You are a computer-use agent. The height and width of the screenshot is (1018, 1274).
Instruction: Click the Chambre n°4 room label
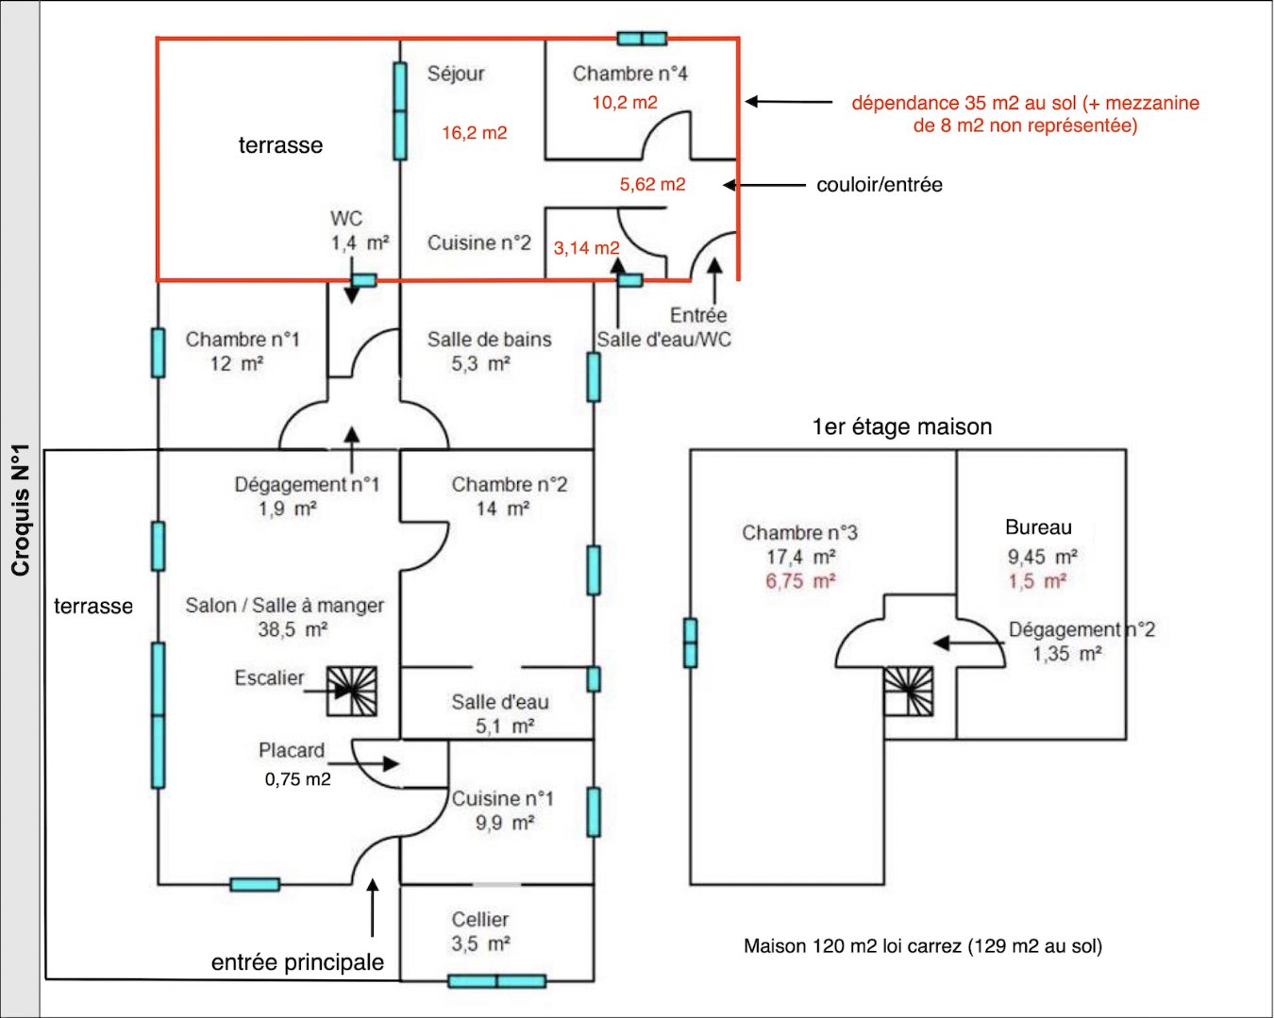click(x=629, y=74)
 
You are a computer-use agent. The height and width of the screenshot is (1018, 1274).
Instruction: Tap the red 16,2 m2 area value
click(x=475, y=133)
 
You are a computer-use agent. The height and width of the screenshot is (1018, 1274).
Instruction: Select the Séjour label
click(x=456, y=74)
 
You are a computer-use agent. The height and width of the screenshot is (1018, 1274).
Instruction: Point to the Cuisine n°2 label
click(x=479, y=243)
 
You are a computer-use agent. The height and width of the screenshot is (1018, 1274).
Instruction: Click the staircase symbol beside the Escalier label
click(x=352, y=692)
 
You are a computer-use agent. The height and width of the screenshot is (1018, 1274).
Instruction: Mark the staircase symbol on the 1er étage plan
click(x=909, y=692)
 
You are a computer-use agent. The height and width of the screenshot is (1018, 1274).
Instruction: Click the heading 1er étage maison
click(x=901, y=427)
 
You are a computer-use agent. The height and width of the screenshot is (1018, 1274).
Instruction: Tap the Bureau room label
click(x=1038, y=527)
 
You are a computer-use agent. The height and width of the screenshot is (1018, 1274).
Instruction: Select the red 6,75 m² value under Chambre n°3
click(x=800, y=581)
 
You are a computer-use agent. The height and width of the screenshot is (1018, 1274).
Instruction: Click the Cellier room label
click(x=479, y=919)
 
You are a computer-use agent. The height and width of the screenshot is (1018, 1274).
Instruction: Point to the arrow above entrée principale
click(x=373, y=907)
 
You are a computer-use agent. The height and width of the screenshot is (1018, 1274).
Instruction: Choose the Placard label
click(x=291, y=751)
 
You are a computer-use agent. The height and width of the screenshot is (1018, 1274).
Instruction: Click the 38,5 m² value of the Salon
click(x=293, y=629)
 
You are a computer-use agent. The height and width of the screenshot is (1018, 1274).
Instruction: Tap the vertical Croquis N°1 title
click(x=21, y=509)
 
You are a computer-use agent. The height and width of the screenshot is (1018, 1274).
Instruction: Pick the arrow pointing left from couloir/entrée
click(x=770, y=185)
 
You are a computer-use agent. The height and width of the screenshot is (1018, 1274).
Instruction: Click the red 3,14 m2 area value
click(x=586, y=248)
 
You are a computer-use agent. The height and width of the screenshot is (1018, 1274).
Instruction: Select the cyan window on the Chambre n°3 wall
click(x=690, y=643)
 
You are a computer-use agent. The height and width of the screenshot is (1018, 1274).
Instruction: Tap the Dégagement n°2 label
click(x=1081, y=629)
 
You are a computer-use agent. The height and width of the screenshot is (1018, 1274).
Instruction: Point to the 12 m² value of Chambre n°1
click(x=236, y=364)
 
